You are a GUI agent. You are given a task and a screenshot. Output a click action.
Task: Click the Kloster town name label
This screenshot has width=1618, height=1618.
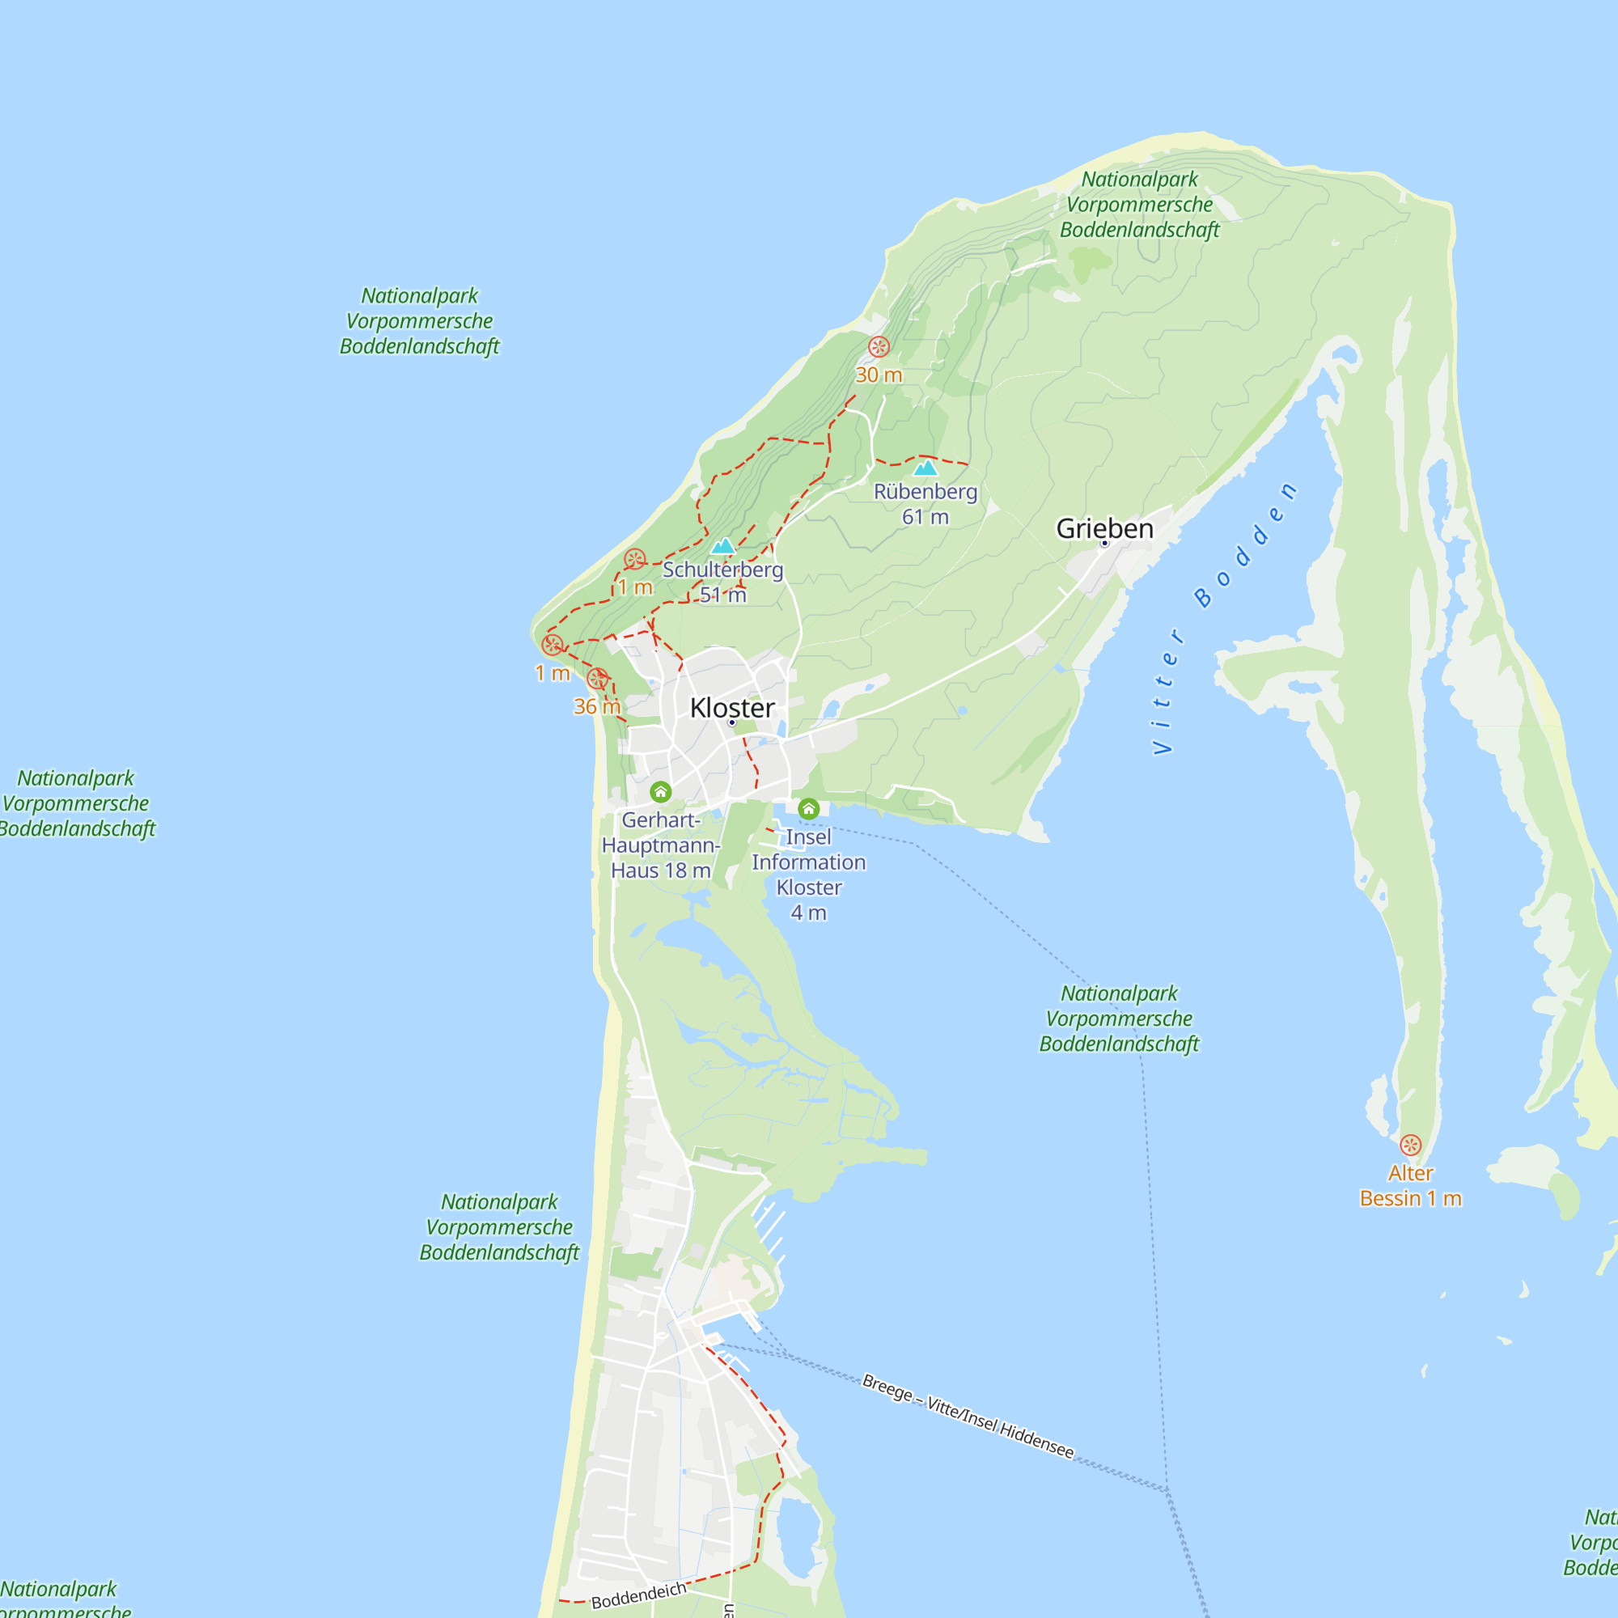(732, 708)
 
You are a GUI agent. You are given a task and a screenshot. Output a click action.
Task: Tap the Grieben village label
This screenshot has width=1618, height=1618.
(1104, 528)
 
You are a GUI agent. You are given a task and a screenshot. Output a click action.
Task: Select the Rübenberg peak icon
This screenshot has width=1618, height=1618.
(925, 468)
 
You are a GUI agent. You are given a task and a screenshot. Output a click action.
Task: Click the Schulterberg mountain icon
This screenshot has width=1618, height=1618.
(722, 546)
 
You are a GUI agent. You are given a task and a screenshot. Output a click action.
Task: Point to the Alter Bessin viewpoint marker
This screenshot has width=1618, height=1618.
(1410, 1145)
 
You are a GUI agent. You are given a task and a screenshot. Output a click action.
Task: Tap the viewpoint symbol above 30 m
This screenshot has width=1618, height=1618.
(879, 347)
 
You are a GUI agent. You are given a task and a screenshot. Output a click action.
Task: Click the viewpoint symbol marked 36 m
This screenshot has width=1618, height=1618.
(597, 679)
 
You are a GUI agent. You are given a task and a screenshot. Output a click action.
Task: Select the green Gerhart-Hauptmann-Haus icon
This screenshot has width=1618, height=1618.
(661, 791)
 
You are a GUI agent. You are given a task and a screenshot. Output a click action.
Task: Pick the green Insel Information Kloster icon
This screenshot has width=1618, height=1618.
(808, 808)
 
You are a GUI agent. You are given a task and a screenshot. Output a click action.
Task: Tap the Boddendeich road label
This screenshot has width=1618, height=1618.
(638, 1595)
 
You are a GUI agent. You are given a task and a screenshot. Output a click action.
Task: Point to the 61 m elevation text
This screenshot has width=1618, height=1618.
(925, 517)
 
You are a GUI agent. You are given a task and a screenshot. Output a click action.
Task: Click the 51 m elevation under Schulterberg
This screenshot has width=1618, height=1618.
(722, 595)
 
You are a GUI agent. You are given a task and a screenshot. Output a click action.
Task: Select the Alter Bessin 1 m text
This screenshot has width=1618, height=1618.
(1410, 1186)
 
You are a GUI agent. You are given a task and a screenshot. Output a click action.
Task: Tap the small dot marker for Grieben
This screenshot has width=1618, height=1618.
(1104, 544)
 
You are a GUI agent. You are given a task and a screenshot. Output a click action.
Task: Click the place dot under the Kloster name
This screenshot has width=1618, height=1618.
(732, 722)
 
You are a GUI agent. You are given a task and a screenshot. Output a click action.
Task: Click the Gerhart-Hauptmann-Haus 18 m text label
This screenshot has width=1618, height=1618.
(661, 845)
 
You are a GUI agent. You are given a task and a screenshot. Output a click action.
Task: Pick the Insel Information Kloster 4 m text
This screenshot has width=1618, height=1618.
(808, 875)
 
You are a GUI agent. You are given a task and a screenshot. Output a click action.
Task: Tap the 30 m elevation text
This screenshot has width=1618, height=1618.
(879, 375)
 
